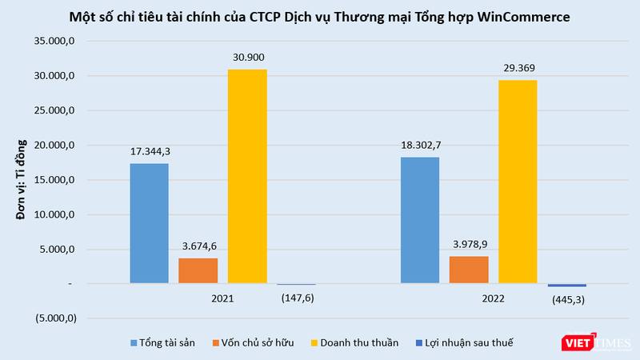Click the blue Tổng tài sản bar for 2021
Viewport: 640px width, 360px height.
tap(149, 223)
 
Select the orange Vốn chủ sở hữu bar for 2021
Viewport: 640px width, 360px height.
tap(198, 270)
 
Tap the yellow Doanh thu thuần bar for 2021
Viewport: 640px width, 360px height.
tap(247, 176)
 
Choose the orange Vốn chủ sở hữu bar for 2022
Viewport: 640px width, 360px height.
tap(469, 270)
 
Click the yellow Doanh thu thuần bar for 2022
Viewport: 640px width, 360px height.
tap(518, 182)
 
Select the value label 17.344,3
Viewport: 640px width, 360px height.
tap(149, 152)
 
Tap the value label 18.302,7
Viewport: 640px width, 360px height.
tap(419, 146)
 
